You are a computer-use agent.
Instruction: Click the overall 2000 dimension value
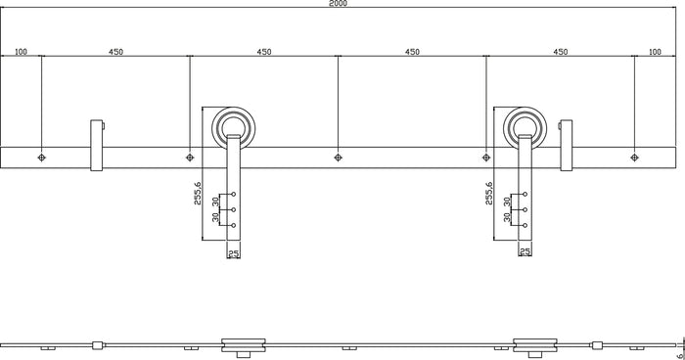(x=338, y=4)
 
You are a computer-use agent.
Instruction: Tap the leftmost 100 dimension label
(x=21, y=51)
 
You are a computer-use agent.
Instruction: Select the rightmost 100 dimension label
(x=655, y=51)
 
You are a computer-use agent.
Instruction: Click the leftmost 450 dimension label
(x=114, y=51)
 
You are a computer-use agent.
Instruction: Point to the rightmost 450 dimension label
(x=561, y=51)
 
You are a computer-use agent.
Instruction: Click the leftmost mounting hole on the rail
(x=41, y=157)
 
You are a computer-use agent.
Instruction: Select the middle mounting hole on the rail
(x=338, y=157)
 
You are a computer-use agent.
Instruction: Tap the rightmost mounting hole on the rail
(x=634, y=157)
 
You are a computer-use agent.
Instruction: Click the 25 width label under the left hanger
(x=233, y=253)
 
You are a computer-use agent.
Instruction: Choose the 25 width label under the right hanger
(x=525, y=253)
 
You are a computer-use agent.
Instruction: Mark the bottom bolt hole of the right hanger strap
(x=525, y=226)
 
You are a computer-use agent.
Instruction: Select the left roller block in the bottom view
(x=243, y=344)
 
